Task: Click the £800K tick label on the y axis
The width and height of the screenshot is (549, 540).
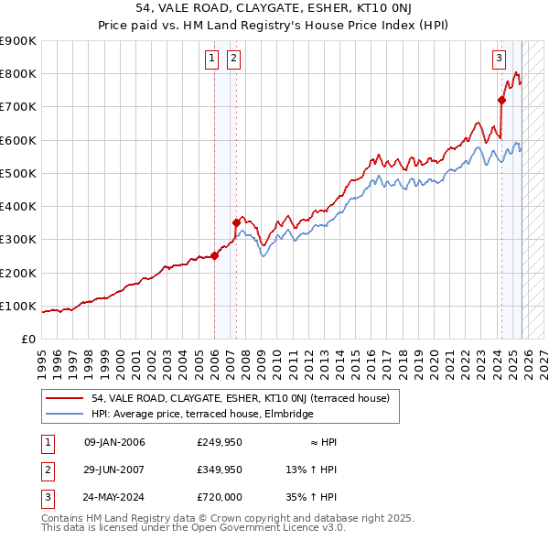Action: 18,74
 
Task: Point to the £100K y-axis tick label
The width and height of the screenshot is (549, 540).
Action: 18,306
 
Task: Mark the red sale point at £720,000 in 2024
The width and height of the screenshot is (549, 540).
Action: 501,100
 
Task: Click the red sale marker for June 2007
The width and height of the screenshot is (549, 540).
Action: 236,222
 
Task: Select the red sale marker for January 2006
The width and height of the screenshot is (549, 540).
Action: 215,255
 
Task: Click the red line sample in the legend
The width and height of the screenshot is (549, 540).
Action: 64,398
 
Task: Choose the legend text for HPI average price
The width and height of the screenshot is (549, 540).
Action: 202,415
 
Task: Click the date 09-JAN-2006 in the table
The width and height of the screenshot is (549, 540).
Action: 114,442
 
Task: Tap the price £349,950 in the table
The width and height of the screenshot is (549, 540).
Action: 219,470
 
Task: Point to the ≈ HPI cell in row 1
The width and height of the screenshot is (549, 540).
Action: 321,442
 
